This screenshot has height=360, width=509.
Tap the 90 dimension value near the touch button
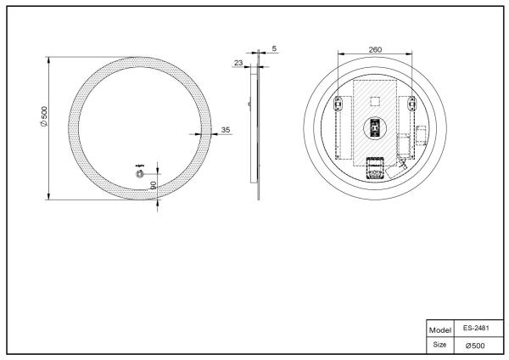[x=153, y=184]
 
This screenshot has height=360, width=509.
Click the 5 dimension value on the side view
[x=274, y=48]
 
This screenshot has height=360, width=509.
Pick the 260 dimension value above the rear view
[x=375, y=48]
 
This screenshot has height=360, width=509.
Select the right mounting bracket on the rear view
[x=412, y=104]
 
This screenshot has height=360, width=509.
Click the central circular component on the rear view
[x=375, y=129]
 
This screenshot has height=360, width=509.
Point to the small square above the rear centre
[x=375, y=100]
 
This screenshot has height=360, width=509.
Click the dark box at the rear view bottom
[x=374, y=169]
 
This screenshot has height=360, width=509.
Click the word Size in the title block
[x=439, y=345]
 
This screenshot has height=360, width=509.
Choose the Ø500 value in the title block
[x=474, y=345]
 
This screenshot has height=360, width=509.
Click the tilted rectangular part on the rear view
[x=396, y=170]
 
